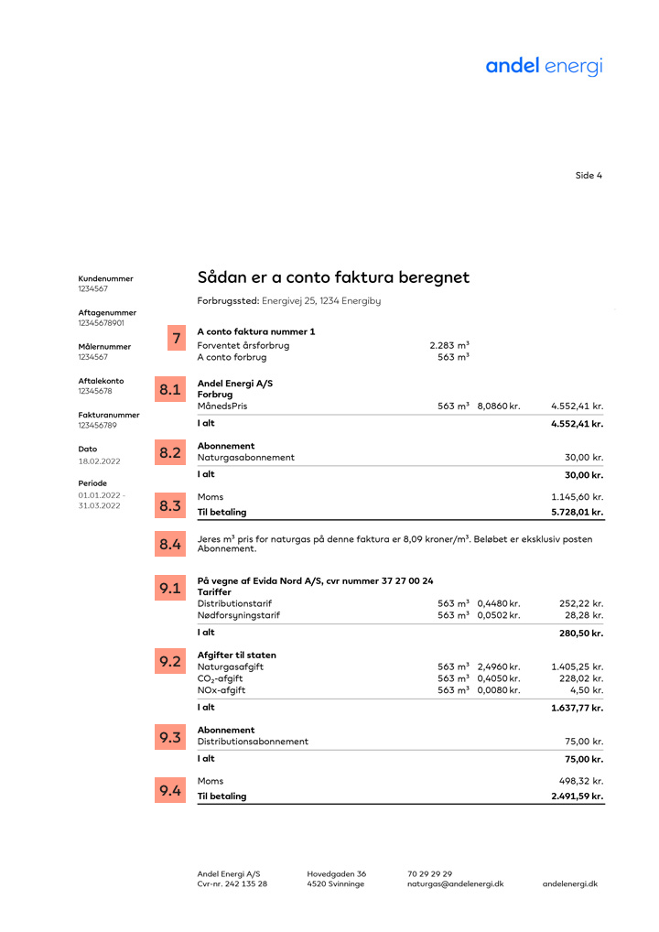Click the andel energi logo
pos(544,66)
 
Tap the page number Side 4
pos(589,176)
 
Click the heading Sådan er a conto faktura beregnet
pos(333,276)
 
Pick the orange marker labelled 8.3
pos(170,505)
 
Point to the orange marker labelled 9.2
pos(170,660)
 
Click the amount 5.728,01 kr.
pos(577,513)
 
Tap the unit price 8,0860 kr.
pos(498,406)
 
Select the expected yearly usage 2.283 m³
pos(449,345)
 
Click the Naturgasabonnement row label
pos(246,457)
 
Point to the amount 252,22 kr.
pos(581,603)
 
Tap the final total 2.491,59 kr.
pos(577,797)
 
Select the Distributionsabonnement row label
pos(253,742)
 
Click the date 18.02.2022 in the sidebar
pos(100,461)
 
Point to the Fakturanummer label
pos(109,415)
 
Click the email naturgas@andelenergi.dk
pos(455,883)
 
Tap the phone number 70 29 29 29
pos(429,873)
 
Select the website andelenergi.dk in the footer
pos(570,883)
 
